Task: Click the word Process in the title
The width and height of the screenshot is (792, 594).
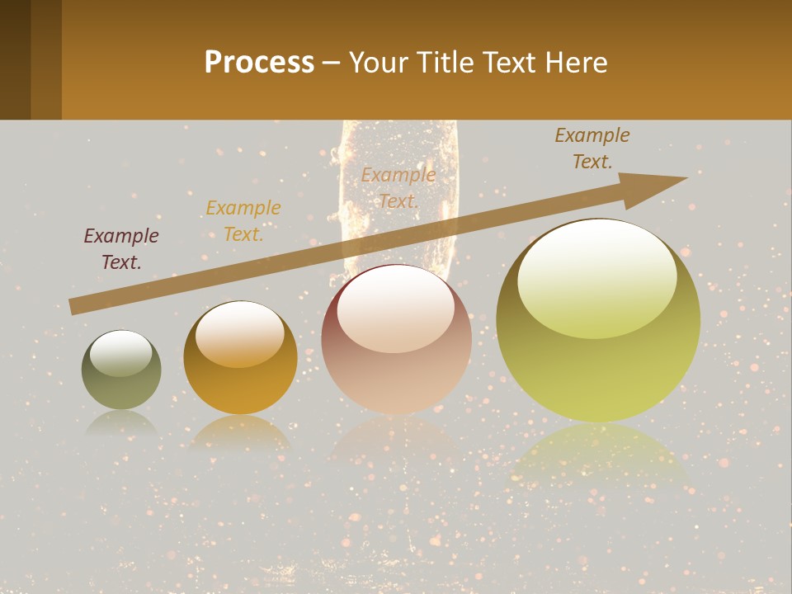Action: point(259,63)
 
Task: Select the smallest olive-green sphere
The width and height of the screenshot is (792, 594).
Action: point(121,370)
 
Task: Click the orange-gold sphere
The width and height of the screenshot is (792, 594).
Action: point(240,358)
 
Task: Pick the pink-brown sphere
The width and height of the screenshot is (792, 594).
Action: point(396,340)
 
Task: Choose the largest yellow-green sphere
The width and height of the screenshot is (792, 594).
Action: point(598,321)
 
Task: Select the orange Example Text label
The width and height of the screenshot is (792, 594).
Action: point(243,221)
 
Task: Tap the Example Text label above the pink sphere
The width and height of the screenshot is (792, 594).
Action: point(398,187)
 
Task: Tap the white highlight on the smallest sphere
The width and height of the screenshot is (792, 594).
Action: point(120,354)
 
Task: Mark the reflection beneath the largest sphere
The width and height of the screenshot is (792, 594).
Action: point(599,458)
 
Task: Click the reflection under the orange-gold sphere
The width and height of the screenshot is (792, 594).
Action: point(240,433)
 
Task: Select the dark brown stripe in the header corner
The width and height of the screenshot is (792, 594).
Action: point(15,59)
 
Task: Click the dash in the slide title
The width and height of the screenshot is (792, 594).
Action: point(332,64)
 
